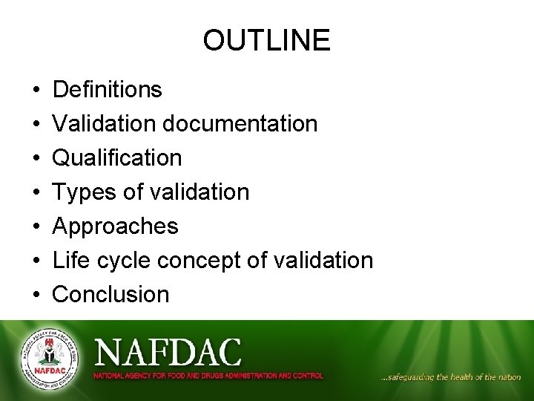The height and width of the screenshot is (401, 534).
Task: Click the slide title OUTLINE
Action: tap(266, 40)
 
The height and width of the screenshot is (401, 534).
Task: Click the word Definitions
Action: tap(108, 90)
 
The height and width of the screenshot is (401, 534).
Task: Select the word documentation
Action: tap(240, 124)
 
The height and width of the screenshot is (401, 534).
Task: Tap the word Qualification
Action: tap(117, 158)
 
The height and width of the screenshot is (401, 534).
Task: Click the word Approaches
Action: tap(116, 226)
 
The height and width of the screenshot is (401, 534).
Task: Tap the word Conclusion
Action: tap(111, 295)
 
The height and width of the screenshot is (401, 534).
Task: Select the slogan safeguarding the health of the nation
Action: tap(450, 377)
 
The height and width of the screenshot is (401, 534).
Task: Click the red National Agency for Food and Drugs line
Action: tap(208, 376)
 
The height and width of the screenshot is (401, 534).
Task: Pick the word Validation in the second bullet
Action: tap(105, 124)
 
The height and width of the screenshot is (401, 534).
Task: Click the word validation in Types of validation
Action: tap(200, 192)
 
